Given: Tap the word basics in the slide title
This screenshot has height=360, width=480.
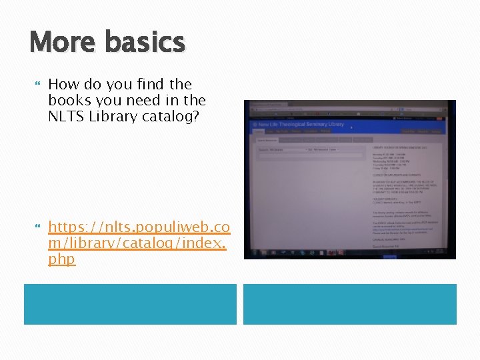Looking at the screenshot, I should pos(145,42).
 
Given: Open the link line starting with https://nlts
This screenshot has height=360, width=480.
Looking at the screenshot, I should pos(139,227).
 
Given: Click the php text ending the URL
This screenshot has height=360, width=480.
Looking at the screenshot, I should pos(61,259).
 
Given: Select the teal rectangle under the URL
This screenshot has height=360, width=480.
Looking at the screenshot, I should pos(130,304).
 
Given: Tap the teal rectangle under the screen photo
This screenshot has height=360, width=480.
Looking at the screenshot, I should pos(349,304).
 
